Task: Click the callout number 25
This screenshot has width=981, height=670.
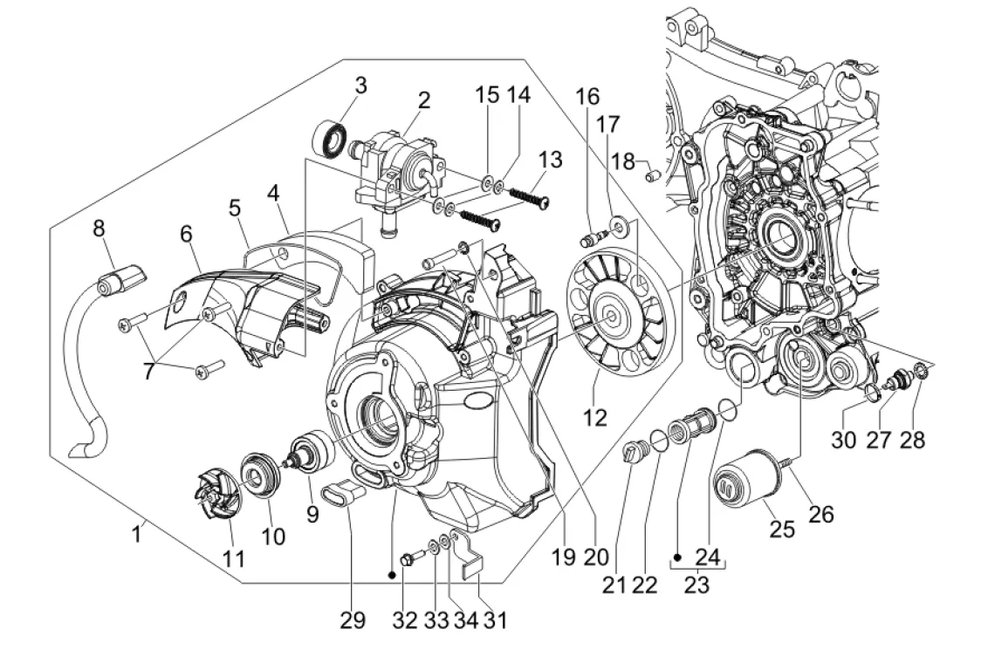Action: click(782, 529)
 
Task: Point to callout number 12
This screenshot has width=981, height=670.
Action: click(595, 418)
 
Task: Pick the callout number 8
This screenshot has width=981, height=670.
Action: click(99, 229)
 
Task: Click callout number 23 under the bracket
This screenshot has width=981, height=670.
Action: click(696, 585)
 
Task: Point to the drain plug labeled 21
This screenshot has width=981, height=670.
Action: click(631, 454)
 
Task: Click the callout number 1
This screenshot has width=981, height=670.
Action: click(136, 531)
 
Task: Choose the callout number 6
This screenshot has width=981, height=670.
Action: click(186, 233)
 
